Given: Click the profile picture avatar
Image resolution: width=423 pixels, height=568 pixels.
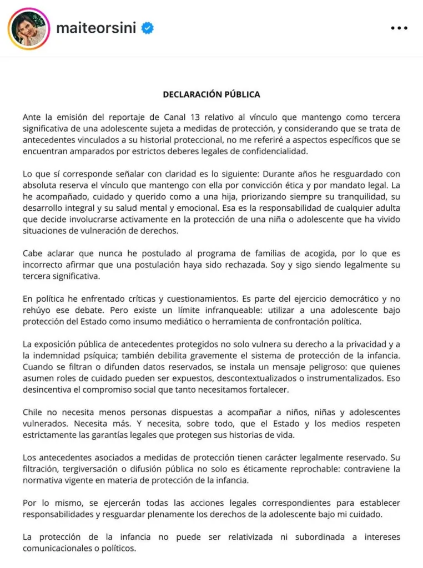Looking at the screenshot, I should click(x=29, y=28).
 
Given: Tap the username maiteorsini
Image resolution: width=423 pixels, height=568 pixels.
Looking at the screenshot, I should click(x=96, y=28).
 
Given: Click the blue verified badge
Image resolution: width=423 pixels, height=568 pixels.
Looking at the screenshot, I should click(x=147, y=28).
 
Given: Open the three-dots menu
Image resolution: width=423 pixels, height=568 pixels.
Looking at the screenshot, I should click(x=399, y=28).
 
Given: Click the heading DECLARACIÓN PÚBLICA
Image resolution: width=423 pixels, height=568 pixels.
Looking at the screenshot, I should click(x=211, y=94).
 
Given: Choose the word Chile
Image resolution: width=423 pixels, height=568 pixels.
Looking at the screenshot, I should click(x=33, y=413).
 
